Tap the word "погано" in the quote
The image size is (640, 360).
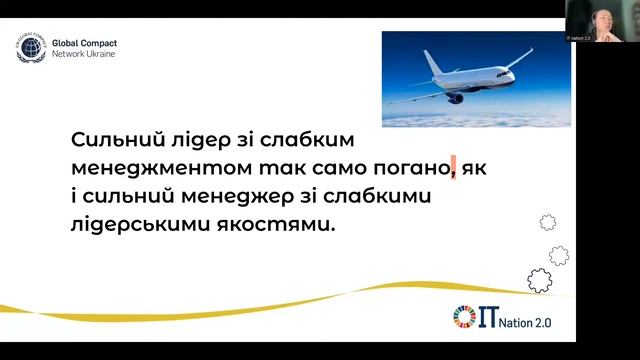pyautogui.click(x=410, y=166)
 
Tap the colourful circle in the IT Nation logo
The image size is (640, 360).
pyautogui.click(x=462, y=316)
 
